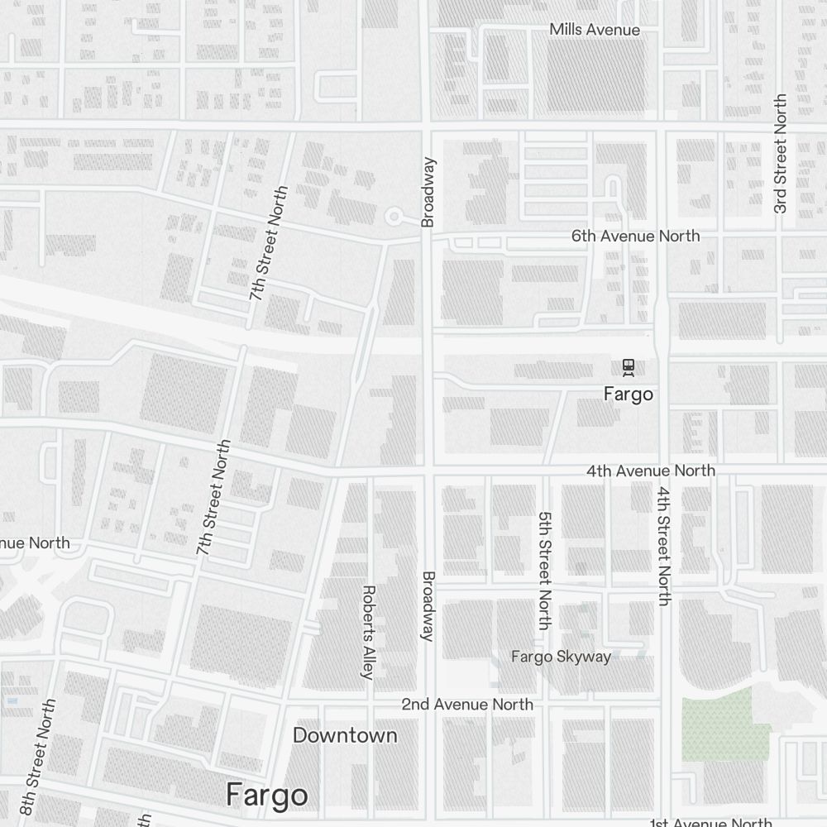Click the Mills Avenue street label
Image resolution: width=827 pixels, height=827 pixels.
(595, 30)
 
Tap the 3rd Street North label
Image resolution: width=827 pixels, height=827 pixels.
(780, 154)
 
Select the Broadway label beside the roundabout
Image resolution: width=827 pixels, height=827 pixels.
(428, 192)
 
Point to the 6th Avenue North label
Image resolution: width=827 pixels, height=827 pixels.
(635, 236)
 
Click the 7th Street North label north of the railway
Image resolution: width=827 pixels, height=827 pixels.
(270, 243)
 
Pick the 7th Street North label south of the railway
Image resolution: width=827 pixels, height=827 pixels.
(213, 497)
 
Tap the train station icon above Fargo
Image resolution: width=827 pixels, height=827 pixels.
(629, 366)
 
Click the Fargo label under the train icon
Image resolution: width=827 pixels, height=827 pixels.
(629, 394)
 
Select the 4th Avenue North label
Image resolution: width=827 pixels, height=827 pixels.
(651, 470)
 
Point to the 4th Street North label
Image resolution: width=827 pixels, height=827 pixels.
(664, 546)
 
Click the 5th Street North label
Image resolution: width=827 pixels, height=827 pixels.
(543, 571)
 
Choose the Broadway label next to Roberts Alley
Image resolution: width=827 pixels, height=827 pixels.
(428, 606)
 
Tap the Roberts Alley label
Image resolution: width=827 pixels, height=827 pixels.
(369, 632)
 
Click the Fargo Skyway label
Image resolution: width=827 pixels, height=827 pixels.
(561, 657)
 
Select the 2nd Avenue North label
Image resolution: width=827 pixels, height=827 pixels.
(467, 704)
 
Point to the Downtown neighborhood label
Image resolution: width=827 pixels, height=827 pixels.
(345, 735)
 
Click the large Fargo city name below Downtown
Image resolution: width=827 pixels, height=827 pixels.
(267, 795)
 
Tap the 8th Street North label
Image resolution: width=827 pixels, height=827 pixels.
(39, 757)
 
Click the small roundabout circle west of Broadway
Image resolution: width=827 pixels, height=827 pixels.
(394, 217)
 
